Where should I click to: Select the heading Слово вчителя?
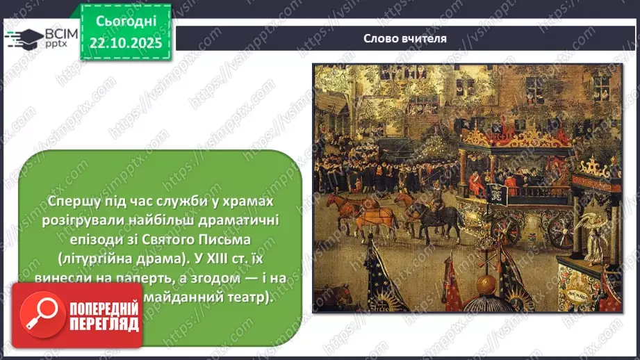point(405,38)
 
